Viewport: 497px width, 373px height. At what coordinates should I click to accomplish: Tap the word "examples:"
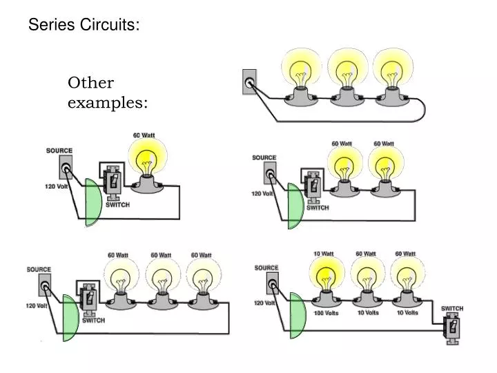pyautogui.click(x=107, y=102)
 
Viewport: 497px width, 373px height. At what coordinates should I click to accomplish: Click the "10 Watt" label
pyautogui.click(x=323, y=254)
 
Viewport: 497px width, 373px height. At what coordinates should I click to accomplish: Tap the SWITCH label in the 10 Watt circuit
pyautogui.click(x=452, y=308)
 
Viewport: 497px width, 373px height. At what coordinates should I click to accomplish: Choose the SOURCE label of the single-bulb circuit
pyautogui.click(x=59, y=151)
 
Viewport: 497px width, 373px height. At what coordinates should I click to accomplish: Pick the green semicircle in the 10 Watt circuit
pyautogui.click(x=297, y=316)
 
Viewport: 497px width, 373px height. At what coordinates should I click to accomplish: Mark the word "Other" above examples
pyautogui.click(x=90, y=83)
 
